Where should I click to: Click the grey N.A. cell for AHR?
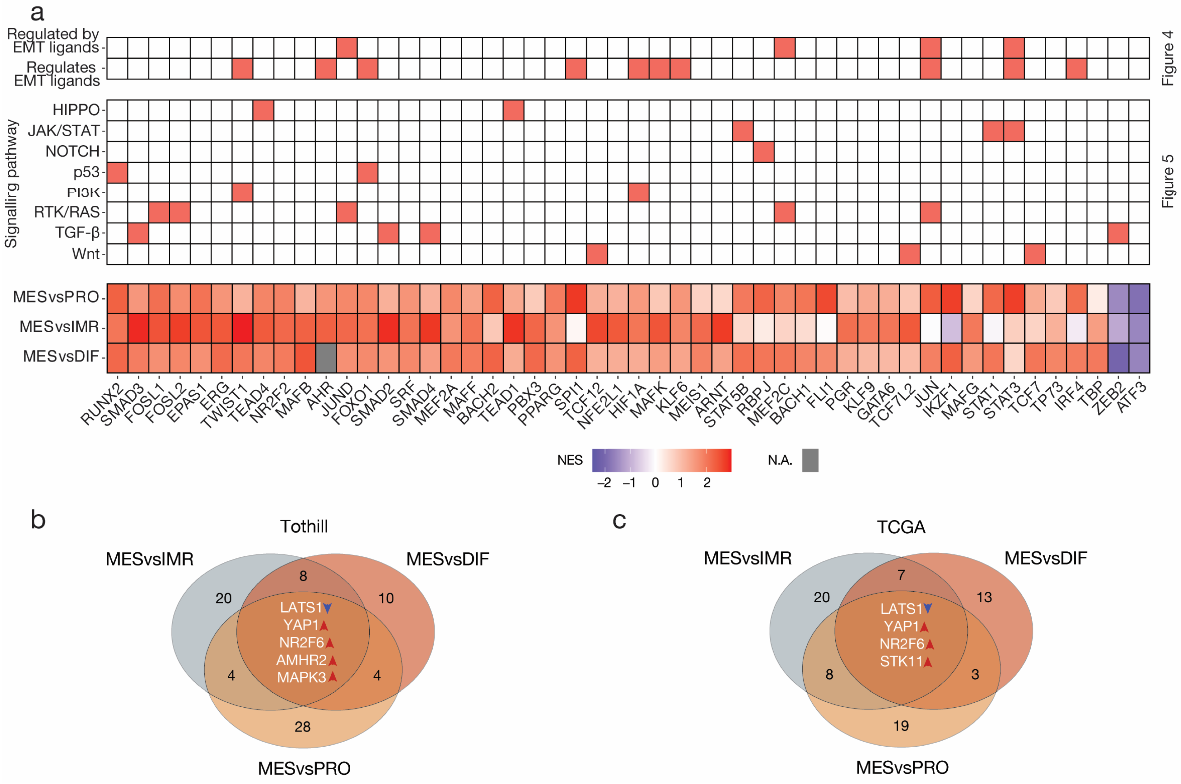coord(326,358)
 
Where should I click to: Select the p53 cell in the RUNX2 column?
coord(117,172)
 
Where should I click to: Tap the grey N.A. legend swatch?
coord(810,460)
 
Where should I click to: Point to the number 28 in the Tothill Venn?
coord(303,727)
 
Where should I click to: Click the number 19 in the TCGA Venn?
coord(901,725)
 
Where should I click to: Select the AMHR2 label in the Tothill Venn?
coord(301,660)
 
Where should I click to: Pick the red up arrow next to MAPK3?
coord(332,677)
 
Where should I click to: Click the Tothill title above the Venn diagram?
coord(304,527)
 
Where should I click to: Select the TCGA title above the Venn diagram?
coord(901,527)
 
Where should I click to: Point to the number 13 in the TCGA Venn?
coord(984,597)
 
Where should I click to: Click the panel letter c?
coord(619,521)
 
